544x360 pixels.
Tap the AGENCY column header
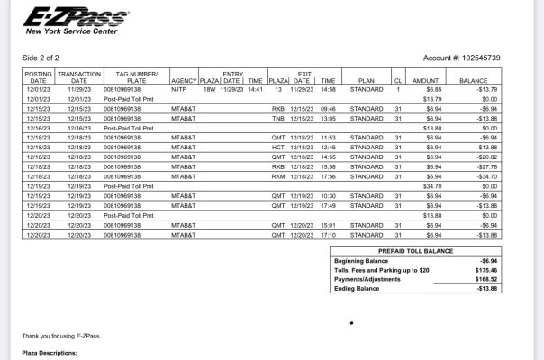pyautogui.click(x=183, y=80)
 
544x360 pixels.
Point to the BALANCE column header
pyautogui.click(x=473, y=80)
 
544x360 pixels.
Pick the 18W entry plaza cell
pyautogui.click(x=209, y=90)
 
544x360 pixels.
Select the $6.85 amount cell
pyautogui.click(x=432, y=90)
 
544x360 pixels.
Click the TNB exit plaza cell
pyautogui.click(x=278, y=118)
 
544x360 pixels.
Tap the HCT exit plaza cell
pyautogui.click(x=278, y=147)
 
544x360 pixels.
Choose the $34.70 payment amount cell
pyautogui.click(x=431, y=185)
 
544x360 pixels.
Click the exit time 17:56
pyautogui.click(x=328, y=175)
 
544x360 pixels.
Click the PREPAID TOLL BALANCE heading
pyautogui.click(x=414, y=251)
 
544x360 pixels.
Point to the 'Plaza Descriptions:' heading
pyautogui.click(x=50, y=354)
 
